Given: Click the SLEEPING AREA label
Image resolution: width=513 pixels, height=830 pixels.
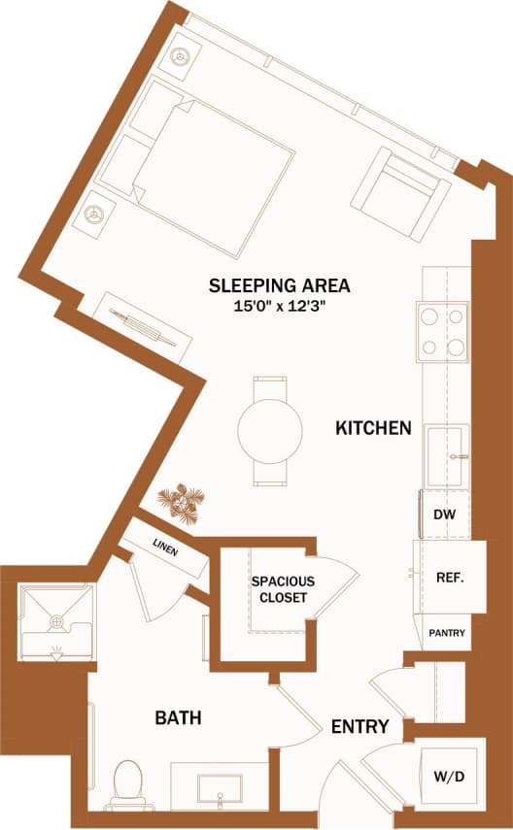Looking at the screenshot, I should [279, 285].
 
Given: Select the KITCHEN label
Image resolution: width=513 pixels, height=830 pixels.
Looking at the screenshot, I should [374, 427].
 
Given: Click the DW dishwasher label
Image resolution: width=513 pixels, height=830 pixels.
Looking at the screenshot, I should [444, 515].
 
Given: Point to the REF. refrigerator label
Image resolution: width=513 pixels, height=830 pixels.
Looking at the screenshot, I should [448, 577].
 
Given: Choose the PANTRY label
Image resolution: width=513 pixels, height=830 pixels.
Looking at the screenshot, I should [447, 634].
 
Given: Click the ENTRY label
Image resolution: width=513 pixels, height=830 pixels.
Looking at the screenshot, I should [360, 726].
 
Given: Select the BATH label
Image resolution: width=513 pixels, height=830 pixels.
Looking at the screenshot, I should [179, 718].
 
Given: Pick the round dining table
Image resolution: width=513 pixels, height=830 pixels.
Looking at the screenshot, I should [269, 430].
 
